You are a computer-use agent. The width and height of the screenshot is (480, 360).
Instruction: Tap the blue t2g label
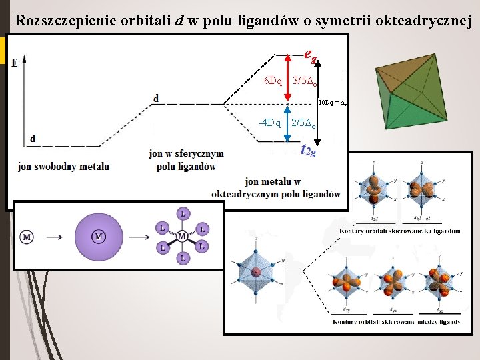(309, 150)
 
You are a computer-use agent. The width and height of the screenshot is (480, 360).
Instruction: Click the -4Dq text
(269, 123)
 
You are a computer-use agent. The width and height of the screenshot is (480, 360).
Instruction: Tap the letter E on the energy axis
(15, 63)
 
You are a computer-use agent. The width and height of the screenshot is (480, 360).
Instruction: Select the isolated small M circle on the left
(27, 237)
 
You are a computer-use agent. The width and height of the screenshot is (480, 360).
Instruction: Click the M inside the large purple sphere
(99, 237)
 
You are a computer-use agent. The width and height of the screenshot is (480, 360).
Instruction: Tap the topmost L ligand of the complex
(183, 213)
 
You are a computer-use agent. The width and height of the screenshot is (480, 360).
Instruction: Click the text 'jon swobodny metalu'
(63, 166)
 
